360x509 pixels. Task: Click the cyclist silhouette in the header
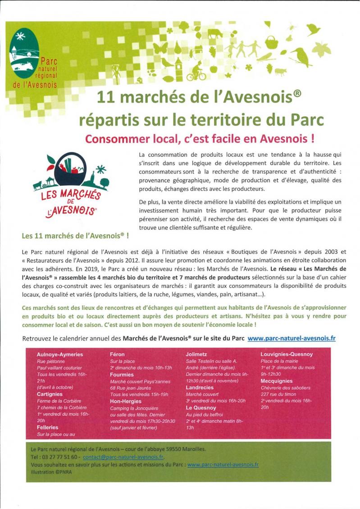(196, 72)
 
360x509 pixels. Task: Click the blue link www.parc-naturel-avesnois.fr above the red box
(291, 338)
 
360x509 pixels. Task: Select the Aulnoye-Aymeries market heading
(60, 354)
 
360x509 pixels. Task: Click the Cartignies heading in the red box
(50, 394)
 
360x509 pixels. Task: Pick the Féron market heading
(117, 354)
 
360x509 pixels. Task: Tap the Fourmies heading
(122, 374)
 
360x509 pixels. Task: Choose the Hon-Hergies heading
(126, 400)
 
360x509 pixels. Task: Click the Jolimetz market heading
(196, 354)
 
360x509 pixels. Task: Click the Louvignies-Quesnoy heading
(287, 354)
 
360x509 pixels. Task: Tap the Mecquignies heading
(276, 381)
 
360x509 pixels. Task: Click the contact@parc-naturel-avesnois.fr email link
(123, 456)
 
